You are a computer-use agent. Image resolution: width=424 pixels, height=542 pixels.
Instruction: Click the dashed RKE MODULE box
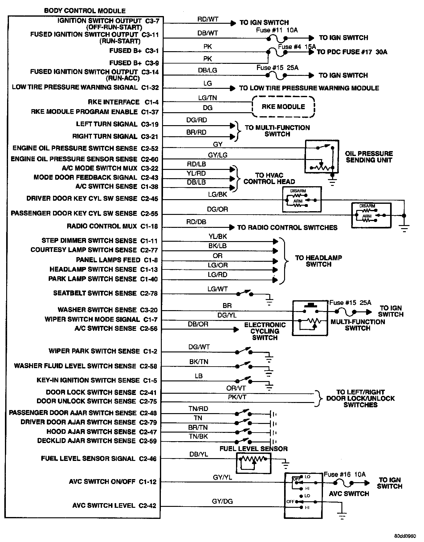click(x=283, y=107)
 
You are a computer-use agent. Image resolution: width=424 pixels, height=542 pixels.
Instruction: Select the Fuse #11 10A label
click(x=277, y=30)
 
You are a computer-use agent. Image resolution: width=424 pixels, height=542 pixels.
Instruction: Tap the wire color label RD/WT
click(x=208, y=19)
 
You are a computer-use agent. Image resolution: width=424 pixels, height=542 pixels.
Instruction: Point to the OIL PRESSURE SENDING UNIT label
click(x=369, y=157)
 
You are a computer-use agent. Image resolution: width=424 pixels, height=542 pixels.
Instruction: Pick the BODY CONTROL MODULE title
click(x=85, y=11)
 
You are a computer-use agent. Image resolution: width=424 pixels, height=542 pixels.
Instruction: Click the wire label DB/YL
click(x=198, y=454)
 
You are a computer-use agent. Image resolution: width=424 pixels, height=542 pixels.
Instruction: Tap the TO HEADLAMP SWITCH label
click(x=318, y=261)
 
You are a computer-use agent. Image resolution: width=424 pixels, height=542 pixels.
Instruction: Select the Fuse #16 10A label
click(x=344, y=474)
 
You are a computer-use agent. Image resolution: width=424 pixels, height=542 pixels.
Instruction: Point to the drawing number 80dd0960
click(x=405, y=535)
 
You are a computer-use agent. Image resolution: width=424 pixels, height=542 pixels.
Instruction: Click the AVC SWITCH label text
click(x=349, y=494)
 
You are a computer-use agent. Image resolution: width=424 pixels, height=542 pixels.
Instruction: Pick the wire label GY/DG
click(x=222, y=501)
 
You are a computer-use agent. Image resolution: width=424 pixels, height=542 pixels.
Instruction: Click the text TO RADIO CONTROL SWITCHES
click(x=287, y=228)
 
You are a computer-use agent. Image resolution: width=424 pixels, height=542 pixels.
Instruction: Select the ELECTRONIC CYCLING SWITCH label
click(x=265, y=331)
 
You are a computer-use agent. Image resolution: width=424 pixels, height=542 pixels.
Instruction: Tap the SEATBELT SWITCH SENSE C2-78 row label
click(x=105, y=293)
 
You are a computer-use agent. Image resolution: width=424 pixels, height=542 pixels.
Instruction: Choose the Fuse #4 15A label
click(x=297, y=47)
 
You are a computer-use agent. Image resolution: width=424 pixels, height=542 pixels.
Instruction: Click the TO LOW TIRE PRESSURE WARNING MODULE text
click(x=309, y=88)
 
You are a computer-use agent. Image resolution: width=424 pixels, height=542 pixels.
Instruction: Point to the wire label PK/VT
click(x=237, y=397)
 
